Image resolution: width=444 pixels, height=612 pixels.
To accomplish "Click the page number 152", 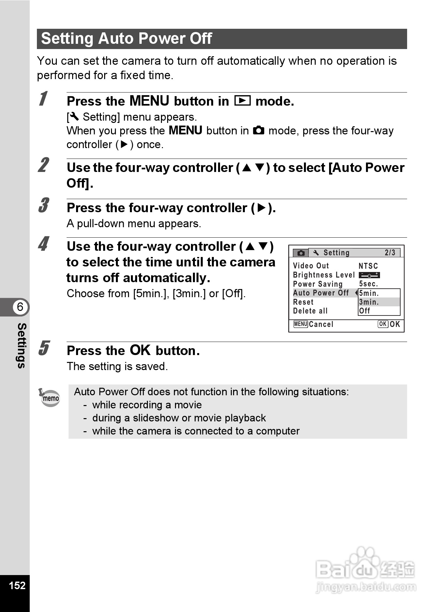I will coord(17,585).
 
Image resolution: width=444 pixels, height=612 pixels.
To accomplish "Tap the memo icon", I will coord(50,398).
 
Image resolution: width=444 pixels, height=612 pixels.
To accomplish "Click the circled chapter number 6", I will coord(20,307).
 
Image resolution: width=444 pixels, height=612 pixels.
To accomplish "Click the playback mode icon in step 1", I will coord(242,101).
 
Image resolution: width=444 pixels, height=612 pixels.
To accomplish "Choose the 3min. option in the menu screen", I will coord(369,302).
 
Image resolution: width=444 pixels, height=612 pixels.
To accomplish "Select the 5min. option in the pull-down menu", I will coord(369,293).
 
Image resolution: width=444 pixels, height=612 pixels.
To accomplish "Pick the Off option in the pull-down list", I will coord(365,311).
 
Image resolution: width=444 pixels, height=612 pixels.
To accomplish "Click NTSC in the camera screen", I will coord(368,266).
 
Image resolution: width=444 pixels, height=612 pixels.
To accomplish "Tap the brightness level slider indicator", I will coord(369,275).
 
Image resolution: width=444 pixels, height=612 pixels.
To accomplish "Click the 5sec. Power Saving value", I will coord(369,284).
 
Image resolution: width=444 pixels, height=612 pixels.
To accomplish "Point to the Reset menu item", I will coord(303,302).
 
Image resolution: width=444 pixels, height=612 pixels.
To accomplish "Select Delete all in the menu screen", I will coord(310,311).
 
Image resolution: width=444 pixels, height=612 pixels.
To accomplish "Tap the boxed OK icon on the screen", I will coord(383,324).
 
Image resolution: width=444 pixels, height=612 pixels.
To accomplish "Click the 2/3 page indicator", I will coord(390,253).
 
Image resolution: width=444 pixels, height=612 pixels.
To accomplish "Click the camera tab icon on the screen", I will coord(301,253).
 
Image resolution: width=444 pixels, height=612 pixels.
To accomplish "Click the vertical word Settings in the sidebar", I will coord(22,346).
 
